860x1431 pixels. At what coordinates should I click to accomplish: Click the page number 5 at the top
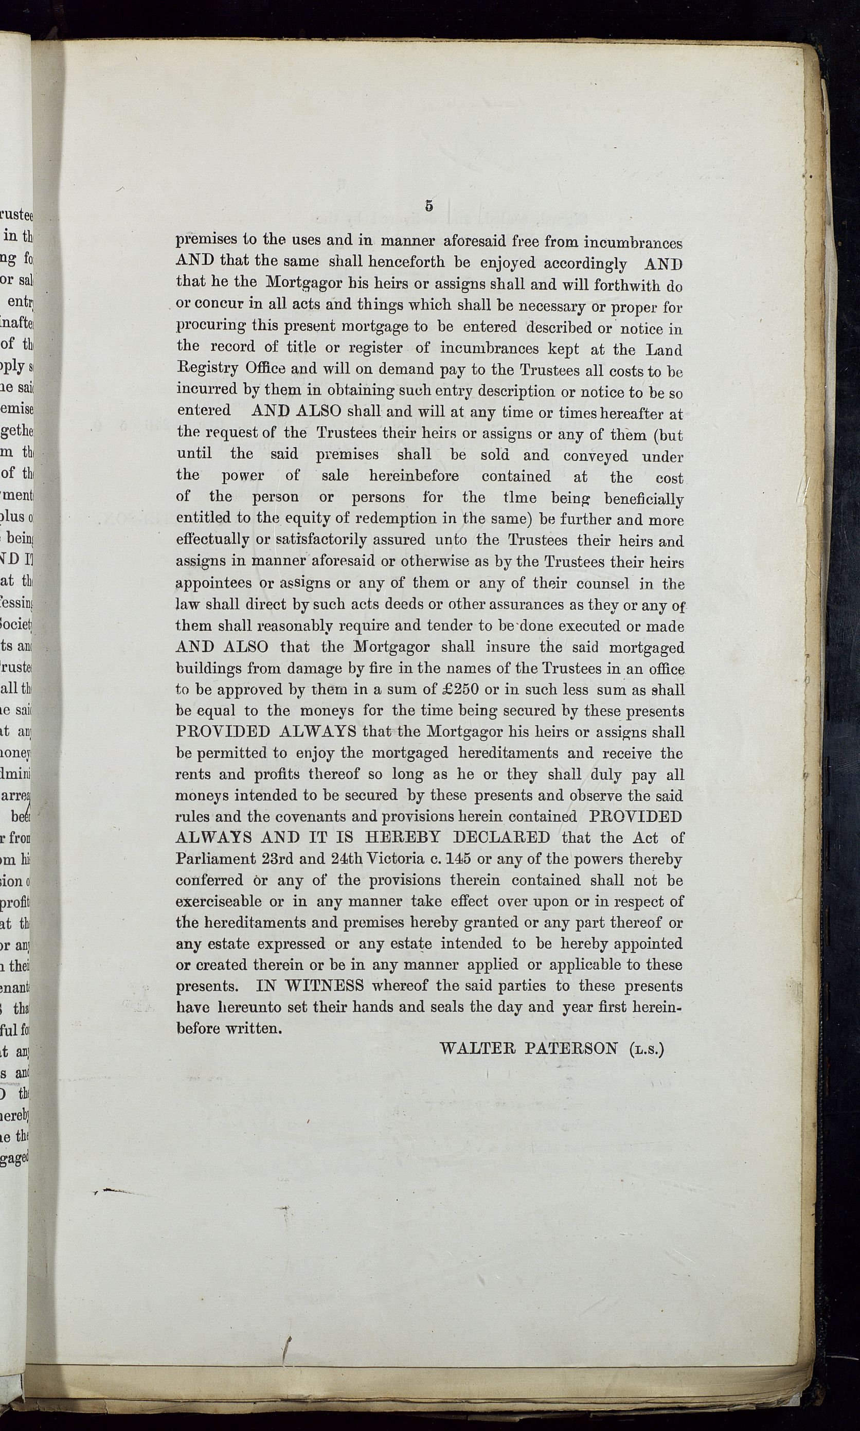pyautogui.click(x=429, y=206)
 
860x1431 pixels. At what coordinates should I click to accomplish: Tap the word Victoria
pyautogui.click(x=399, y=858)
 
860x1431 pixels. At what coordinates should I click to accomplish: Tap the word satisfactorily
pyautogui.click(x=321, y=540)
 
